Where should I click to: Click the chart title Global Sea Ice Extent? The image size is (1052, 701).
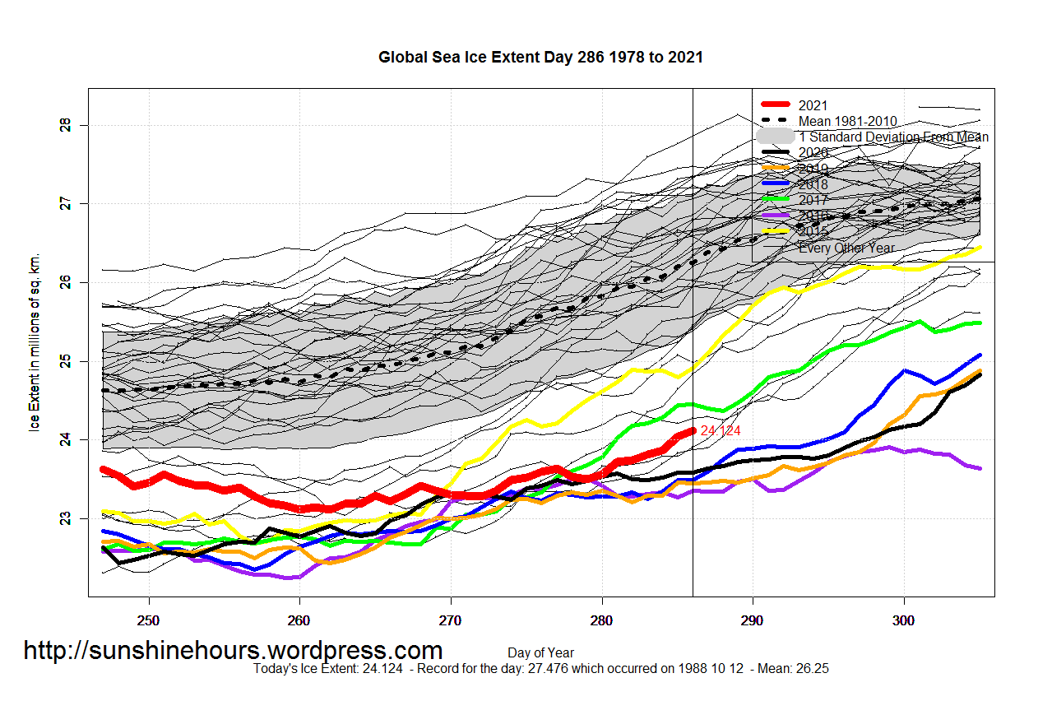coord(540,58)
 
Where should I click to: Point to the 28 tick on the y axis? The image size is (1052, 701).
coord(66,125)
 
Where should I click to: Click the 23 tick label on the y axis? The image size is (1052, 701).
coord(66,518)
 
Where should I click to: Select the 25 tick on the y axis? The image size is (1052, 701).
coord(66,361)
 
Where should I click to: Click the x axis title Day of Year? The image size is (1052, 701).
coord(540,652)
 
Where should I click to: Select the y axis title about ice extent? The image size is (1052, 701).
coord(35,341)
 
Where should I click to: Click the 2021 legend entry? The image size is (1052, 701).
coord(813,105)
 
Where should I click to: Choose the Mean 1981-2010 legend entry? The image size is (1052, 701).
coord(847,122)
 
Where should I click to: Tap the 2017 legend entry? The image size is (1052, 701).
coord(813,200)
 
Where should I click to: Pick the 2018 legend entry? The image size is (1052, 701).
coord(813,184)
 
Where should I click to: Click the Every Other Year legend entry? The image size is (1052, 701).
coord(846,248)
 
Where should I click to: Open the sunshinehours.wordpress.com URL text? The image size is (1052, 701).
coord(233,651)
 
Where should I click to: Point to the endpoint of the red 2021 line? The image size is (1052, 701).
coord(693,430)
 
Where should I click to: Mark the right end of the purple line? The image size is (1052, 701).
coord(979,468)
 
